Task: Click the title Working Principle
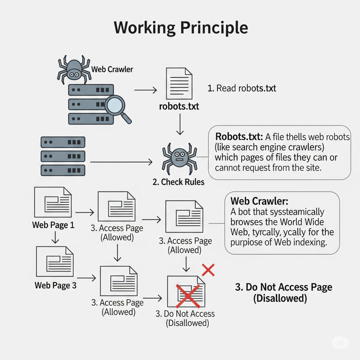coord(181,28)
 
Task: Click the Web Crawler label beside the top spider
coord(112,69)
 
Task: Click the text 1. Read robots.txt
coord(242,88)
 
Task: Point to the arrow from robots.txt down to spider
coord(180,124)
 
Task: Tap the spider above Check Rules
coord(179,159)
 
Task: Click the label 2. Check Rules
coord(178,182)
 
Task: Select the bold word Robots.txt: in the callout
coord(239,137)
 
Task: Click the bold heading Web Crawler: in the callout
coord(259,201)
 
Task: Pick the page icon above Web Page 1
coord(53,202)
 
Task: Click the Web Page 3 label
coord(56,285)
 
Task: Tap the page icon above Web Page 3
coord(55,261)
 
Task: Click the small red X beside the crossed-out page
coord(208,270)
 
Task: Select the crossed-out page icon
coord(187,292)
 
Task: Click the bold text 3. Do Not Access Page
coord(284,287)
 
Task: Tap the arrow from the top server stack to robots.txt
coord(145,90)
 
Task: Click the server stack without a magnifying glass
coord(63,156)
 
